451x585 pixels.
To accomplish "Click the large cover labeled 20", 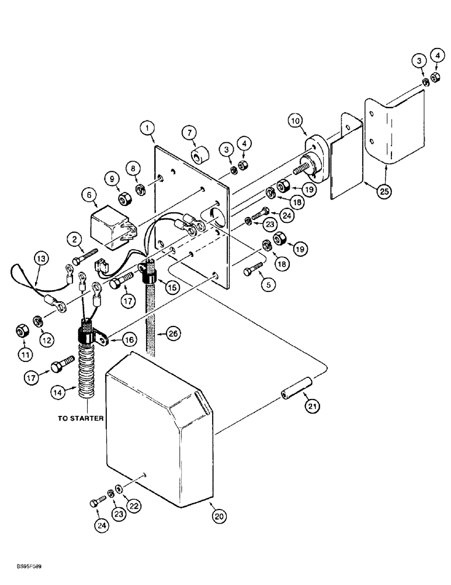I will [158, 433].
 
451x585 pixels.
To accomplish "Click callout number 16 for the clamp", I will [131, 339].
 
